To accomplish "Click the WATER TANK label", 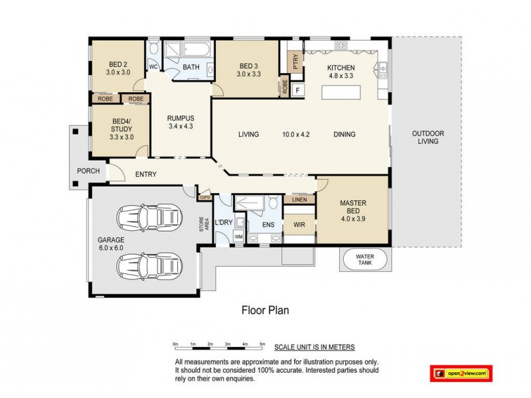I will (x=364, y=259).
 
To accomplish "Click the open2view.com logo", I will (x=461, y=374).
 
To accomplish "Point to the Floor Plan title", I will (x=264, y=309).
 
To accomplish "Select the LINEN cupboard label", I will (x=299, y=199).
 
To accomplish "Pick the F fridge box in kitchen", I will (x=298, y=90).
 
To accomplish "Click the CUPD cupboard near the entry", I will (x=205, y=197).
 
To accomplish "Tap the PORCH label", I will (x=88, y=171).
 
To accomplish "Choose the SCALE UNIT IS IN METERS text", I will (x=316, y=347).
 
